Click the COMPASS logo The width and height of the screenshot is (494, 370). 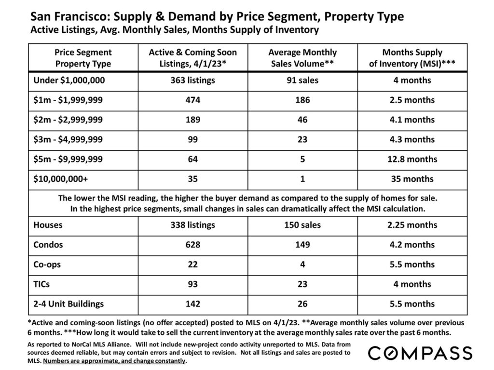pos(420,353)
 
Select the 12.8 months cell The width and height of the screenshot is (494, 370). pos(412,159)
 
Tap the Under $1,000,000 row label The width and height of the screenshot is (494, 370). pos(69,80)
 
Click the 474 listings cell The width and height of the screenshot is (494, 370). pos(193,100)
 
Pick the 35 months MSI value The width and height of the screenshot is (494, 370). pos(412,179)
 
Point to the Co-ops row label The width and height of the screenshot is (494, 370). pos(48,264)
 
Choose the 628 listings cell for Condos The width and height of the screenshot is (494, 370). pos(193,244)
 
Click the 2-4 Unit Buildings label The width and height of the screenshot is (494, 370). pos(69,304)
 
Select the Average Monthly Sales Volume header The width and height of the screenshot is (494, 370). pos(302,58)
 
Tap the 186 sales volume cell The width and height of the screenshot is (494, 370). pos(302,100)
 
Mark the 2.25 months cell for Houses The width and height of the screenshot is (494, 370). pos(412,225)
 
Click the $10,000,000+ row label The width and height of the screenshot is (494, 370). pos(60,179)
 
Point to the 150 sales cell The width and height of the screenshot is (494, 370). pos(302,225)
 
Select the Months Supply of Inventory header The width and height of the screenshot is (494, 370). pos(412,58)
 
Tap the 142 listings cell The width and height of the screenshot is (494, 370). pos(193,304)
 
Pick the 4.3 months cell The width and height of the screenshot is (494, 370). pos(412,139)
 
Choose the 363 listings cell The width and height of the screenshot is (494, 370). pos(193,80)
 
